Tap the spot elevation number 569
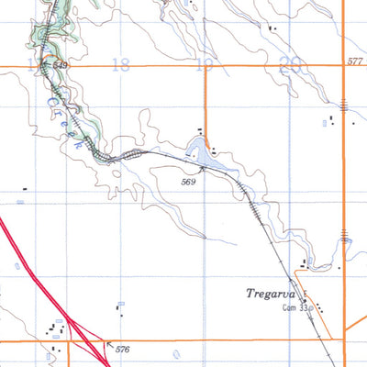point(189,183)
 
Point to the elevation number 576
point(123,350)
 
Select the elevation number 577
point(355,61)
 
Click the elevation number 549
point(61,66)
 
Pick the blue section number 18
point(119,63)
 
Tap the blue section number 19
point(206,63)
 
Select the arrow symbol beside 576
point(110,344)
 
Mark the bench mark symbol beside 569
point(201,170)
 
